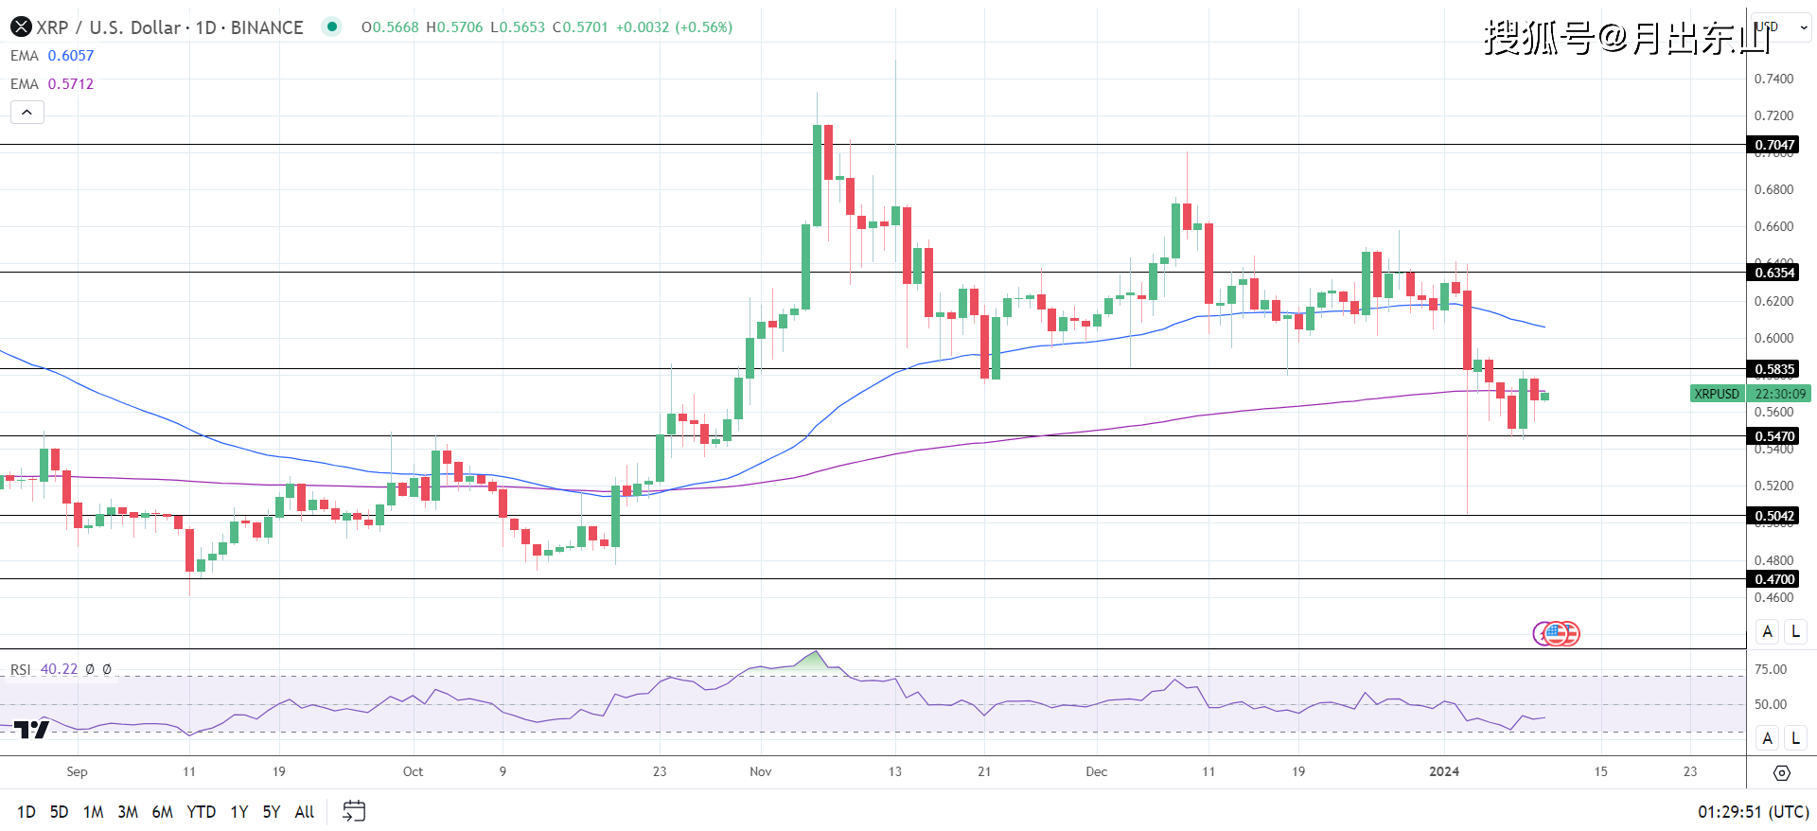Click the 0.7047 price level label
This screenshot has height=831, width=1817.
point(1773,145)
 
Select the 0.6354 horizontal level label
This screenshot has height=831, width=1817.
point(1773,273)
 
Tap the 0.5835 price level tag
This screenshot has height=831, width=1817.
point(1773,369)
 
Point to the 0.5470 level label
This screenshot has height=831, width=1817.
point(1773,436)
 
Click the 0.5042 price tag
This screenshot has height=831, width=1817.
point(1773,516)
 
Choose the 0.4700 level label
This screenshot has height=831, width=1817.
point(1773,579)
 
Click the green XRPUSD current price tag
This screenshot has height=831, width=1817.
point(1717,394)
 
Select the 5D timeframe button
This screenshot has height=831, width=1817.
point(59,812)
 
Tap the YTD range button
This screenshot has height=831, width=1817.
point(201,812)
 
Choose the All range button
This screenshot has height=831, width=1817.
point(304,812)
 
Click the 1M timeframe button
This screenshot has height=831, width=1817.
point(93,812)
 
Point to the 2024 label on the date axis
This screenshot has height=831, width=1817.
point(1444,771)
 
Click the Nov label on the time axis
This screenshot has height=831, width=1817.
point(760,771)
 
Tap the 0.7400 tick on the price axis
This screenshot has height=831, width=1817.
point(1773,79)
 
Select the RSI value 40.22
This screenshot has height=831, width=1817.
point(59,669)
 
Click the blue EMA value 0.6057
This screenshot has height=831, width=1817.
point(71,56)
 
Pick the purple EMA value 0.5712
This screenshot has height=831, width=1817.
point(71,84)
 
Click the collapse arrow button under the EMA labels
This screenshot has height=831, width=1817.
point(27,113)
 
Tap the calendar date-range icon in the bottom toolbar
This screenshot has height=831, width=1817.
point(354,811)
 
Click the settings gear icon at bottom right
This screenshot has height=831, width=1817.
point(1781,773)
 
